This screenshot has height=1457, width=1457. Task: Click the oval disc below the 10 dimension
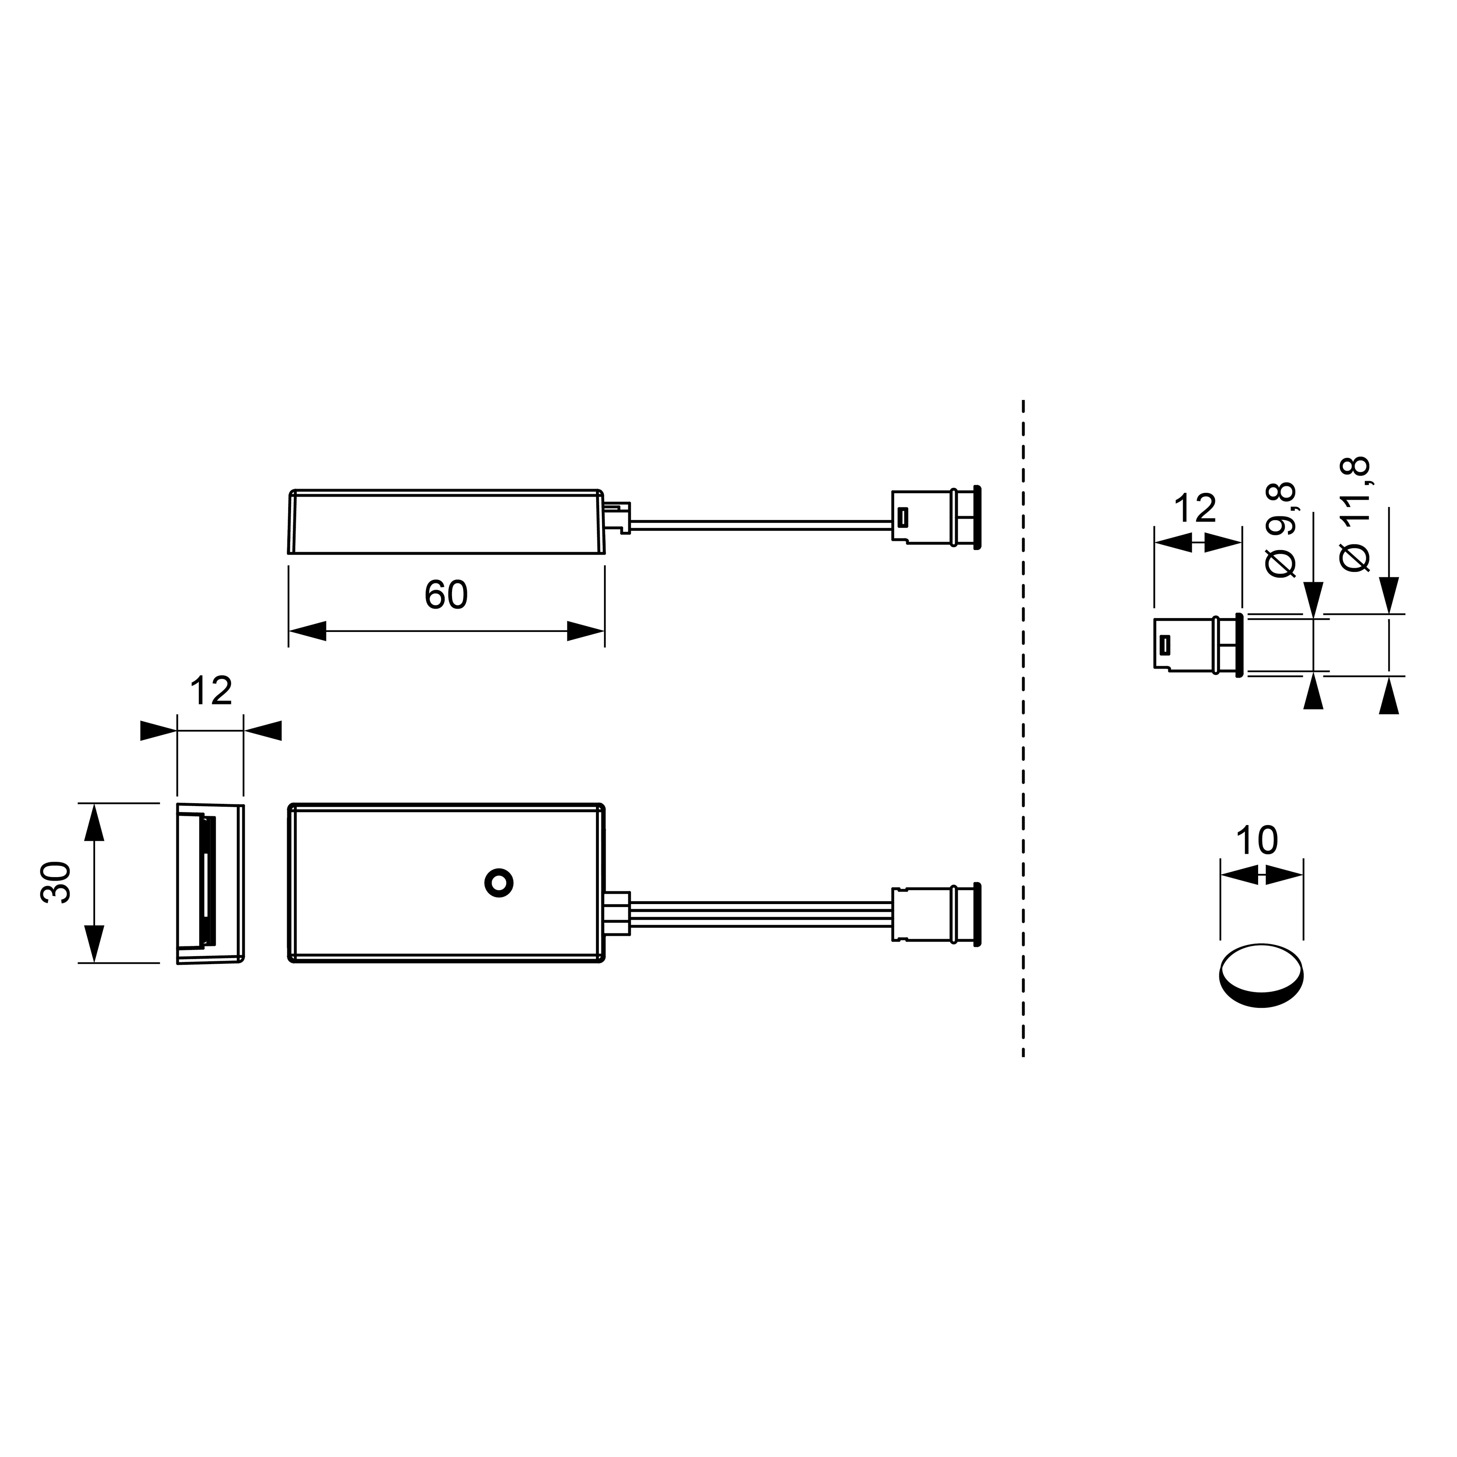[x=1261, y=975]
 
